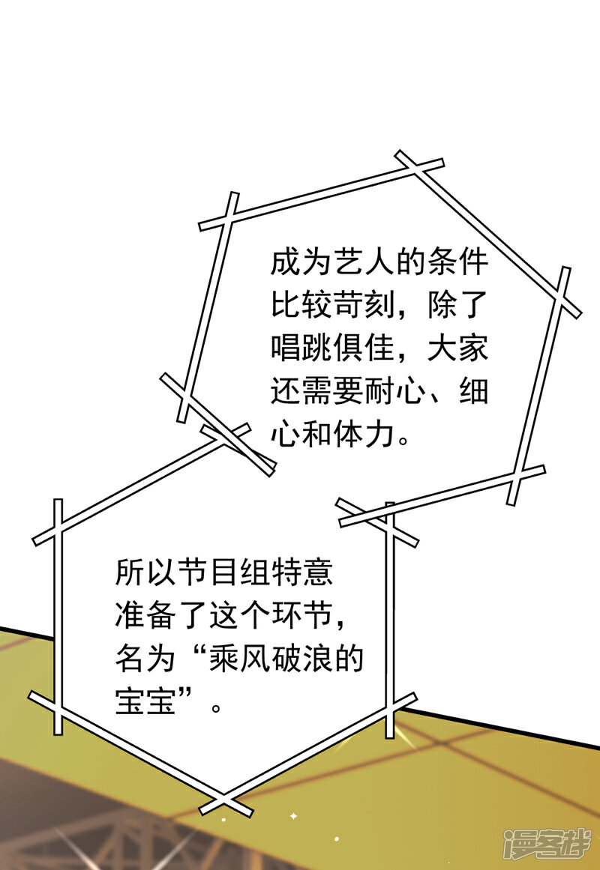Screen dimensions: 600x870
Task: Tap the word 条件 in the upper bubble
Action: [x=457, y=262]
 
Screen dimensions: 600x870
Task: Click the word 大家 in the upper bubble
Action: [x=457, y=348]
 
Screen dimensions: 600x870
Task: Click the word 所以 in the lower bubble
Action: [x=146, y=572]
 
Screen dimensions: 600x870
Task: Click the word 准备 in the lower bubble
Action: [x=146, y=615]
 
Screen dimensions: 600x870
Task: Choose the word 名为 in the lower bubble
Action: [x=146, y=659]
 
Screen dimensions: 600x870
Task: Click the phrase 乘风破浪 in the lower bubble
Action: [x=271, y=659]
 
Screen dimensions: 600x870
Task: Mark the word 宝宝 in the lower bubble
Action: [x=146, y=701]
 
